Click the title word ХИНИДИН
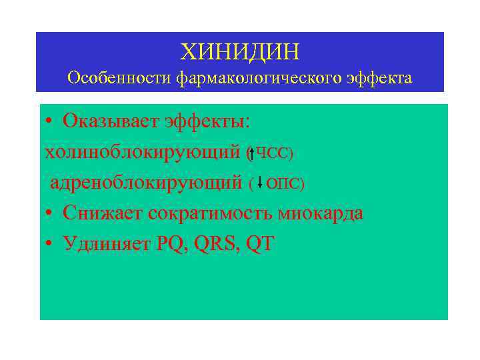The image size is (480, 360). [240, 51]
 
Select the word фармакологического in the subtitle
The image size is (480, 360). [259, 79]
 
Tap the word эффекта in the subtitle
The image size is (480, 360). [380, 79]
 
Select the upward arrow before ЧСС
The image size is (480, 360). [251, 153]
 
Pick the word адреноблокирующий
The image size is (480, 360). [146, 183]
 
